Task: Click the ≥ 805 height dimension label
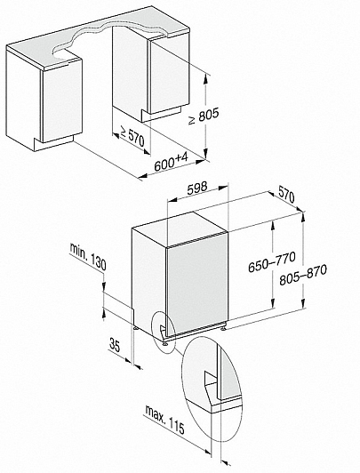click(204, 116)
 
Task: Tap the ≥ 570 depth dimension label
click(132, 136)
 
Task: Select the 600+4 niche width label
click(171, 163)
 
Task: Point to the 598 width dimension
click(197, 188)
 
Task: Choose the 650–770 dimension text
click(272, 262)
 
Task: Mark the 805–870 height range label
click(303, 275)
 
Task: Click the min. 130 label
click(88, 256)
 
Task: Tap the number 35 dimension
click(115, 345)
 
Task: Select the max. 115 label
click(164, 419)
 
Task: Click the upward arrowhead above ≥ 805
click(205, 79)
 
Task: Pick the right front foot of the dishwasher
click(223, 327)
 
